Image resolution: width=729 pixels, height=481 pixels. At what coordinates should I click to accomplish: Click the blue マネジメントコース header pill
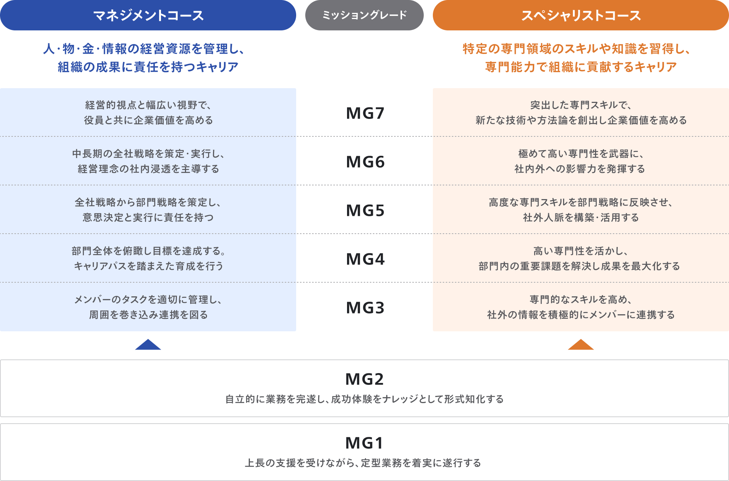tap(148, 15)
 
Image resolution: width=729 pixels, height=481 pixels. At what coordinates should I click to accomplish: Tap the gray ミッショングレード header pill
tap(364, 15)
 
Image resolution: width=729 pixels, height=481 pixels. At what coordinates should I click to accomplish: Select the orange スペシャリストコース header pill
tap(581, 15)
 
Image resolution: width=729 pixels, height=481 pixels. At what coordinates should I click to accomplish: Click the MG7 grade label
tap(365, 113)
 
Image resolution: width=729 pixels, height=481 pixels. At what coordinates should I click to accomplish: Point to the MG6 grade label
tap(365, 162)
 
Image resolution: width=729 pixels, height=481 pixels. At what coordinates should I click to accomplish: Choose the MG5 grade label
tap(365, 210)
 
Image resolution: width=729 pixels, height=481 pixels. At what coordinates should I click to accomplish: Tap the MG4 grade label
tap(365, 259)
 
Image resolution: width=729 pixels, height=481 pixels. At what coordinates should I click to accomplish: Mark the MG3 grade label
tap(365, 308)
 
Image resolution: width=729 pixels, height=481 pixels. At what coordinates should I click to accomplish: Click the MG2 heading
tap(364, 379)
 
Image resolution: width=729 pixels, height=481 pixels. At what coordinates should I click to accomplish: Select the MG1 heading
tap(364, 443)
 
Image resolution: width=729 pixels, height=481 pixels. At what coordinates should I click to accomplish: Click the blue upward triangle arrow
tap(148, 345)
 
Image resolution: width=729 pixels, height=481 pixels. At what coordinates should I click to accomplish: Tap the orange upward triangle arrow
tap(581, 345)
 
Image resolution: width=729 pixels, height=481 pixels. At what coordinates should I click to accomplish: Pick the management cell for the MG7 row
tap(148, 112)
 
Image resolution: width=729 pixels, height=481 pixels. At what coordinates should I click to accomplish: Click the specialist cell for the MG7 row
tap(581, 112)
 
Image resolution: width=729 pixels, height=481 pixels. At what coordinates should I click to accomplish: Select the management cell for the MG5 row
tap(148, 210)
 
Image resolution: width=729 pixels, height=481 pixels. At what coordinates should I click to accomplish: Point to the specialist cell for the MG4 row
tap(581, 258)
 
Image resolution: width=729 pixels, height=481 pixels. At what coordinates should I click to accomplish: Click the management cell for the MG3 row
tap(148, 307)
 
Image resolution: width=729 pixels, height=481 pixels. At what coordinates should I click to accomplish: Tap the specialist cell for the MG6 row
tap(581, 161)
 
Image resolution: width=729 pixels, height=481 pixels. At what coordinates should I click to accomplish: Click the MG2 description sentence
tap(364, 399)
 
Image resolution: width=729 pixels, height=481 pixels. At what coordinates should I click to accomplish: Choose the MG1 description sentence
tap(363, 463)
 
